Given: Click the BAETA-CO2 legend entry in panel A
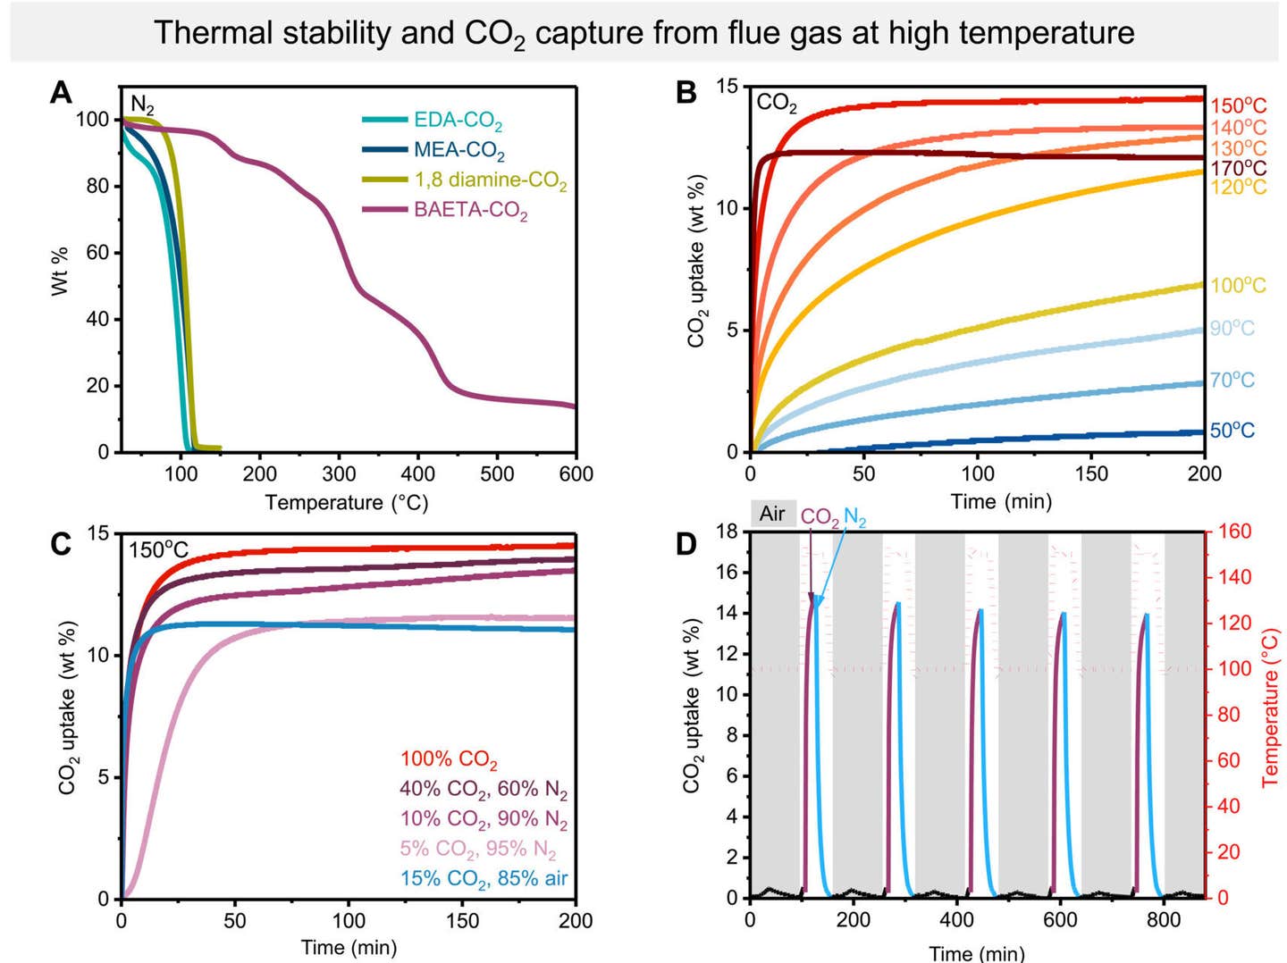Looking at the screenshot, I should click(470, 211).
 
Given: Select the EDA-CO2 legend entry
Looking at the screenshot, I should click(457, 121).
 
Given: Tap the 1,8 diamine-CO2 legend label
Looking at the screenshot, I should click(490, 180).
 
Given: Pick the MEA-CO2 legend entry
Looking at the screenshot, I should click(458, 151).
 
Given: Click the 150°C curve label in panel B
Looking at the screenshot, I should click(1238, 106).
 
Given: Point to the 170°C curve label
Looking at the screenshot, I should click(1238, 168).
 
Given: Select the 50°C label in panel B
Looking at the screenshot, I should click(1232, 431).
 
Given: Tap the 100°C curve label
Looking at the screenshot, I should click(1238, 286).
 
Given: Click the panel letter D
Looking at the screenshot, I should click(686, 544).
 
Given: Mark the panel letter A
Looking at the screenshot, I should click(61, 93).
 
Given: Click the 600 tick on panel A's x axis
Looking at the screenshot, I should click(576, 474).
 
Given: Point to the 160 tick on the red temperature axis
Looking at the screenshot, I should click(1234, 532).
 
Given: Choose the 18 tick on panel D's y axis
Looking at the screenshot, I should click(727, 532).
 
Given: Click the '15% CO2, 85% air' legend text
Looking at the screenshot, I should click(484, 879).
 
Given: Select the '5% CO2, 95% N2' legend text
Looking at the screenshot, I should click(477, 849).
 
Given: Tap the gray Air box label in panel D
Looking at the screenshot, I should click(772, 514).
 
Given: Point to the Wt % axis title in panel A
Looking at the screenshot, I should click(60, 271).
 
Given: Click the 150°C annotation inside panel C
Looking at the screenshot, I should click(158, 549).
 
